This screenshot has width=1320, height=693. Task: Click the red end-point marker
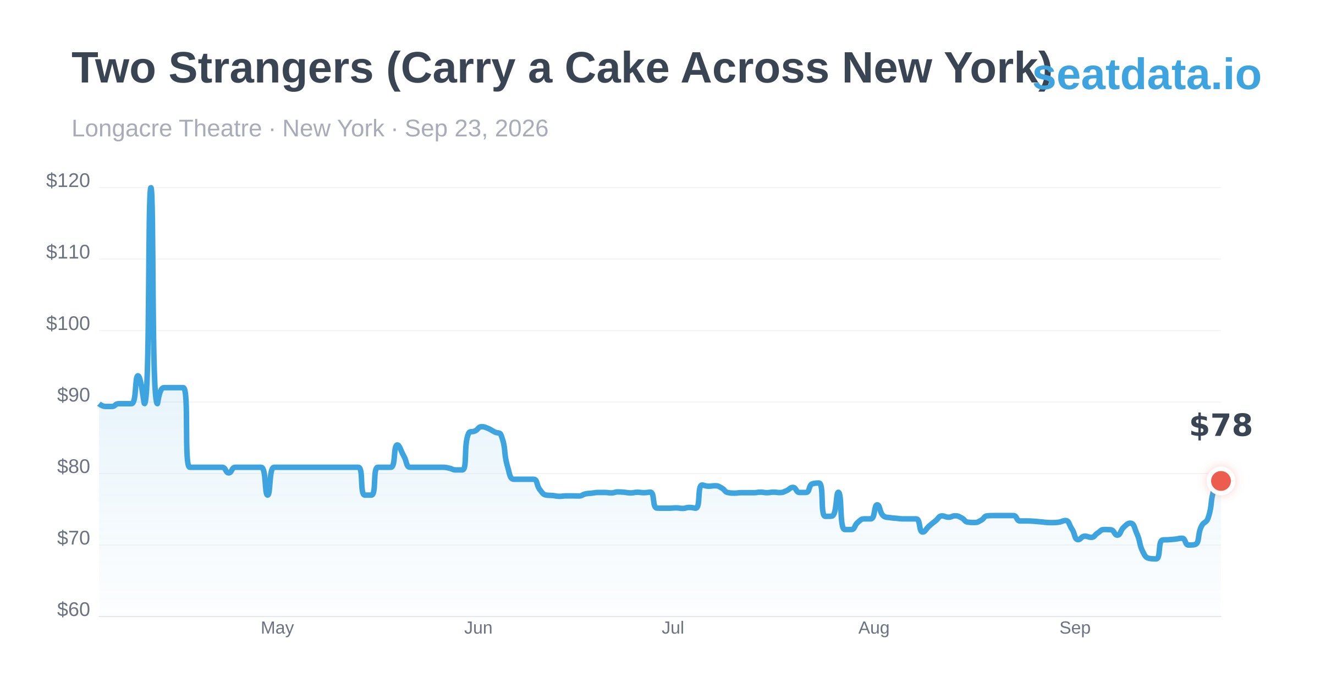[x=1221, y=481]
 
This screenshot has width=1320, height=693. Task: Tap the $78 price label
[x=1221, y=426]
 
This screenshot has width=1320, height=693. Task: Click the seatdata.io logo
[x=1147, y=75]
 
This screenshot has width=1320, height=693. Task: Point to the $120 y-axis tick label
[x=68, y=181]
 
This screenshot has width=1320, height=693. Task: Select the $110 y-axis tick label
[x=68, y=252]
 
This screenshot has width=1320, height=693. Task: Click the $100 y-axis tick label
[x=68, y=324]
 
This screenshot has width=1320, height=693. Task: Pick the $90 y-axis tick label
[x=73, y=395]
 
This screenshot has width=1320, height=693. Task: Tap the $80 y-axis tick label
[x=73, y=467]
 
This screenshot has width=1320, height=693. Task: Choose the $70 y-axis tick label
[x=73, y=538]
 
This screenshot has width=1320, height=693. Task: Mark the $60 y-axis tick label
[x=73, y=610]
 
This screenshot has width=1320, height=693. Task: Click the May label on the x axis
[x=277, y=628]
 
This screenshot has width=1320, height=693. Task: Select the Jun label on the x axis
[x=478, y=628]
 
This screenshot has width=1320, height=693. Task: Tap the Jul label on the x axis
[x=673, y=628]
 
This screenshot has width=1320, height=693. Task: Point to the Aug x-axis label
[x=873, y=628]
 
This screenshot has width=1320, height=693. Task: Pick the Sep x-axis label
[x=1075, y=628]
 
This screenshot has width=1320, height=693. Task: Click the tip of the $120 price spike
[x=151, y=188]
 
